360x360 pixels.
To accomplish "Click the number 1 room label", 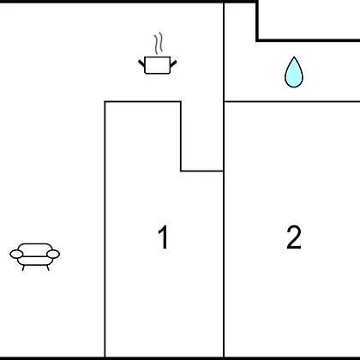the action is [163, 237].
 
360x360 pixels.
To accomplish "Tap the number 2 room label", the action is [294, 237].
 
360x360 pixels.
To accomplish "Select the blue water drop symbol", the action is [294, 73].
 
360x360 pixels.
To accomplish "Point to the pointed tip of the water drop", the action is [294, 57].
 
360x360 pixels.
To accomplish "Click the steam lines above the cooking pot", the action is [159, 43].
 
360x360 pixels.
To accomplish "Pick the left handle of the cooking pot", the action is [141, 63].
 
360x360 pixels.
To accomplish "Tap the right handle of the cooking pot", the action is [173, 63].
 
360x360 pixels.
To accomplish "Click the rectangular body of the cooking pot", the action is [158, 65].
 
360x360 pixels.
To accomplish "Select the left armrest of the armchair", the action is [16, 254].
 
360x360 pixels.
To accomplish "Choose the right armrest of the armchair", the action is [53, 254].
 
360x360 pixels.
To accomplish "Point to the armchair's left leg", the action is [23, 267].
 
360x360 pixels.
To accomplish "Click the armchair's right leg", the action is [48, 267].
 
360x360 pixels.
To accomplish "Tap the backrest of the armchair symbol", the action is [35, 248].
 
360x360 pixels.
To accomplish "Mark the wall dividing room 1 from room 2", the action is [224, 264].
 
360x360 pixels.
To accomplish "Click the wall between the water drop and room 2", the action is [291, 101].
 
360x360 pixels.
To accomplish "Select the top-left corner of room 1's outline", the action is [105, 101].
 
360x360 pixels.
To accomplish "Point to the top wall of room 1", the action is [142, 101].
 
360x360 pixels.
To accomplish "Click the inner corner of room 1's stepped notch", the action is [181, 171].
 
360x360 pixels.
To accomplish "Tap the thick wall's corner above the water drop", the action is [257, 39].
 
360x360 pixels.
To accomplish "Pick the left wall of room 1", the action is [105, 229].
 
